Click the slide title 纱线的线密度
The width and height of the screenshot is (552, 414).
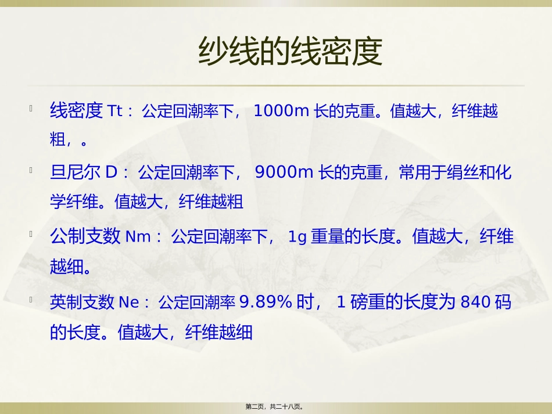(290, 52)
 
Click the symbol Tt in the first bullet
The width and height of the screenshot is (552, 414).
(116, 111)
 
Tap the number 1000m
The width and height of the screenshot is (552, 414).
(281, 111)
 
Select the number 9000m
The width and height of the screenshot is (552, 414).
(284, 172)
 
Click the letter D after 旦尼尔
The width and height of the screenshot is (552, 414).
(112, 172)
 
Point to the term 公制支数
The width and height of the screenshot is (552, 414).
(85, 237)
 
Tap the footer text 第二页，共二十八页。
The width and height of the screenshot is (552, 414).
(276, 407)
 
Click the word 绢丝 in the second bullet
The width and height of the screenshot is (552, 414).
(463, 172)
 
